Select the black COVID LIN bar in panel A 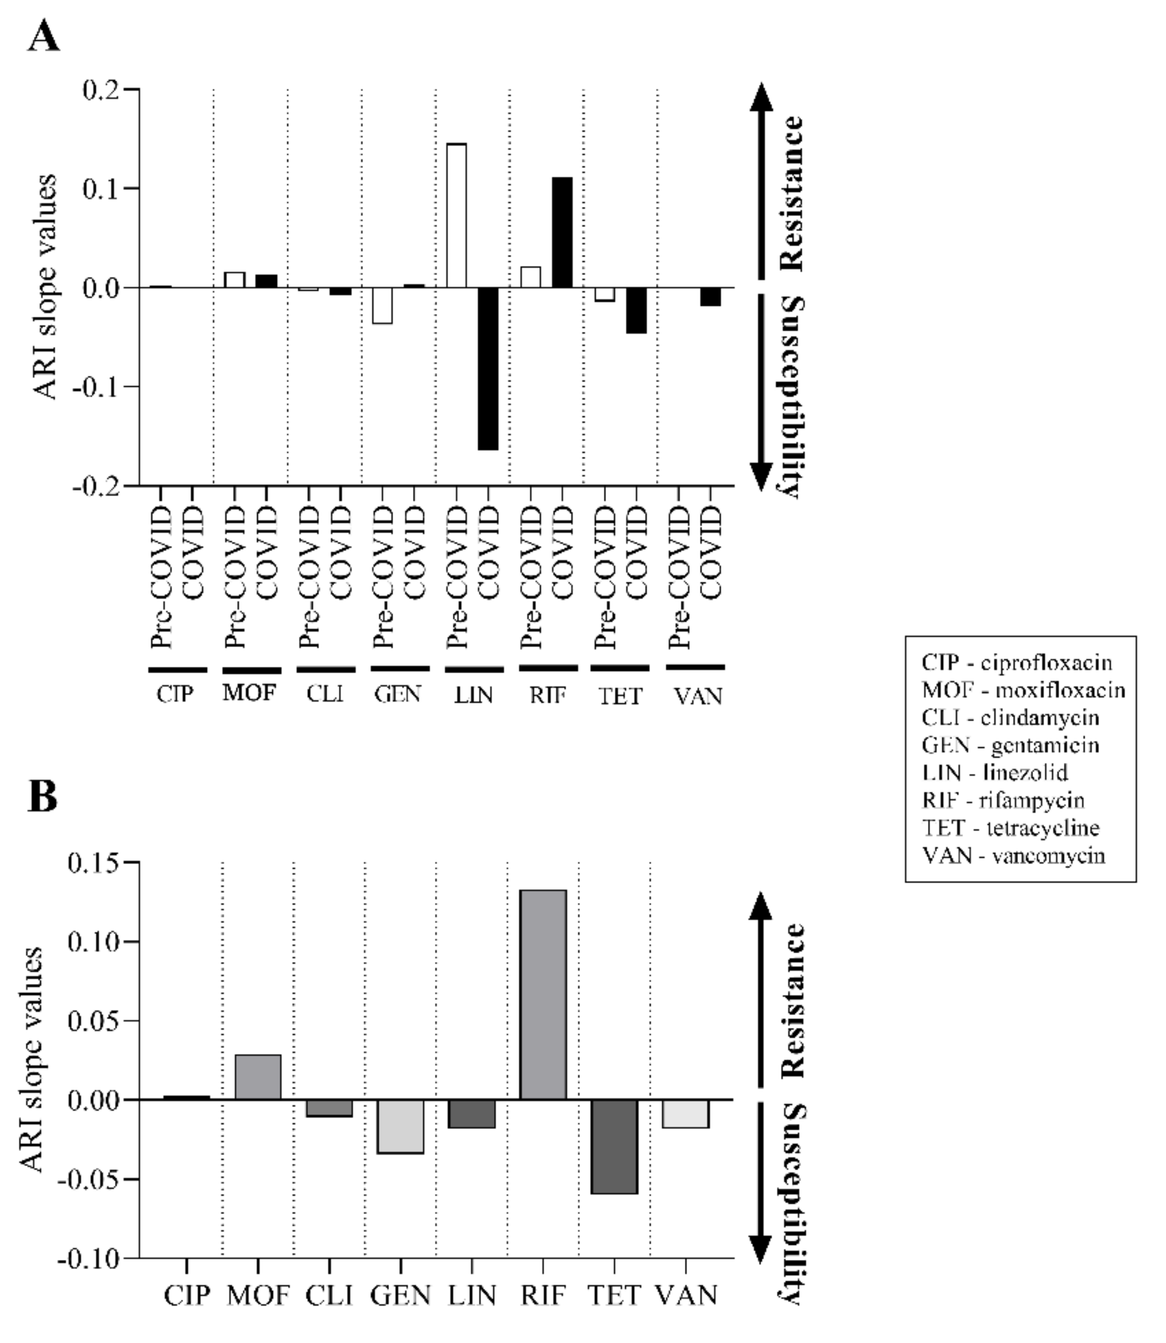tap(487, 368)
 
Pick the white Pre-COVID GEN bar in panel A tap(382, 305)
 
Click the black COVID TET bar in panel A tap(636, 310)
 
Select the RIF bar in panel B tap(543, 995)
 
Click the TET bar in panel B tap(614, 1147)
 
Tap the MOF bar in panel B tap(258, 1077)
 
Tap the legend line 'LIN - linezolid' tap(995, 772)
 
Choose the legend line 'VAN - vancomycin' tap(1013, 855)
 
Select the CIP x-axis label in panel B tap(187, 1295)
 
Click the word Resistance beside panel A tap(792, 193)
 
